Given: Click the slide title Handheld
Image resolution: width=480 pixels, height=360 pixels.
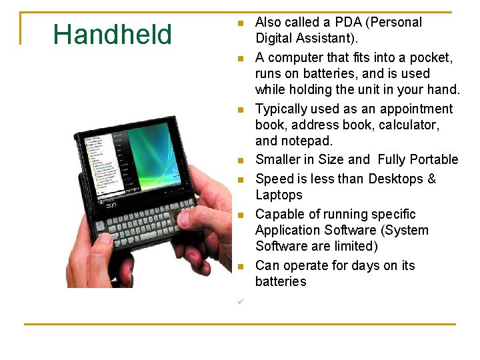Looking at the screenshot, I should click(x=112, y=35).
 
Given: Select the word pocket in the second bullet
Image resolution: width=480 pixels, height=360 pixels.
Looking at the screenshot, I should click(x=428, y=57).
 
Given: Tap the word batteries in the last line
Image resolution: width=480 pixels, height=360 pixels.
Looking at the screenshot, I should click(x=281, y=281).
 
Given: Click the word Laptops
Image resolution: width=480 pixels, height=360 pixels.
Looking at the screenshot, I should click(x=279, y=195).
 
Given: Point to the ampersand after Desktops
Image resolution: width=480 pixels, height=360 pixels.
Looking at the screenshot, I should click(x=431, y=179).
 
